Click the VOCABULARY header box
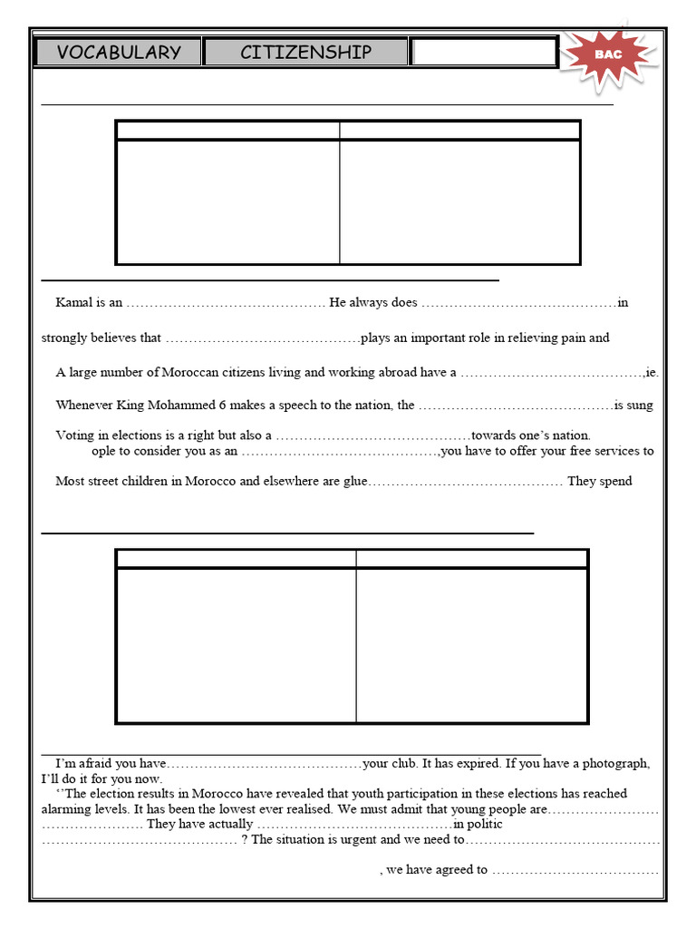118,53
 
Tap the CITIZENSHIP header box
305,53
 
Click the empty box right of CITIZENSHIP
483,53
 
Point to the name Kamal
73,303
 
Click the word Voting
74,435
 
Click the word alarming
66,808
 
